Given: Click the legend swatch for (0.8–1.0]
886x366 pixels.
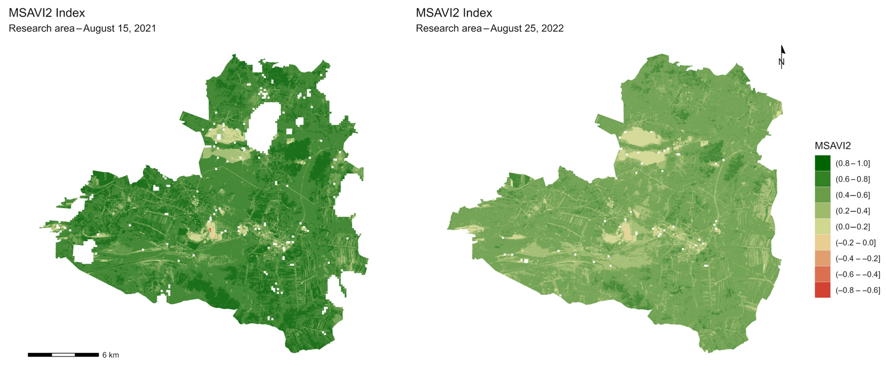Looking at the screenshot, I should (822, 163).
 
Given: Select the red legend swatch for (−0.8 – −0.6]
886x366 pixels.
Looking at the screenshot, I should (822, 290).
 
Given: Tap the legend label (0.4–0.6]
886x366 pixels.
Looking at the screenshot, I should (853, 195).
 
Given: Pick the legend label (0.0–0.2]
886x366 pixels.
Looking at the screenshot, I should (853, 227).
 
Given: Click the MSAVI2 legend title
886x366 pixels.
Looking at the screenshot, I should (832, 146).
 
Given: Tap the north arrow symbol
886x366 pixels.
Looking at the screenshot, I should (782, 57).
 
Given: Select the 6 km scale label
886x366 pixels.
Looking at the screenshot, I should (110, 355).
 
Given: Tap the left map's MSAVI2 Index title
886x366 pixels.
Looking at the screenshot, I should (46, 13).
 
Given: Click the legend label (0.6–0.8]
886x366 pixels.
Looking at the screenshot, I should (853, 179).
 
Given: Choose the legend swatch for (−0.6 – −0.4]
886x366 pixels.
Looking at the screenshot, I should (822, 274).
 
